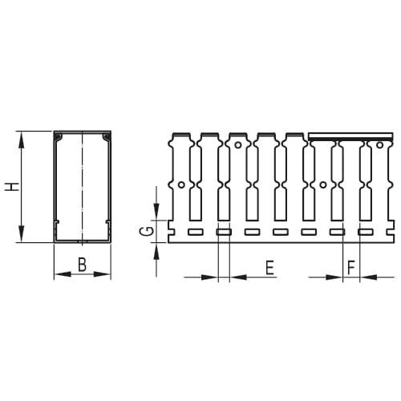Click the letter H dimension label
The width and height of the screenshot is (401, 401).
pyautogui.click(x=13, y=187)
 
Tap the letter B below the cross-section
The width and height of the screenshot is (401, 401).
pyautogui.click(x=83, y=265)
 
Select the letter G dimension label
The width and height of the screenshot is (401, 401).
pyautogui.click(x=148, y=231)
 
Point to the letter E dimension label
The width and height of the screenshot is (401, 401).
pyautogui.click(x=269, y=268)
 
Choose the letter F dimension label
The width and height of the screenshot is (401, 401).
pyautogui.click(x=350, y=268)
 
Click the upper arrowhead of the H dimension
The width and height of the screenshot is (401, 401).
pyautogui.click(x=22, y=140)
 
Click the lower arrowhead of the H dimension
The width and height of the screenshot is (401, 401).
pyautogui.click(x=22, y=234)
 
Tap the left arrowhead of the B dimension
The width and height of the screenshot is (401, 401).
pyautogui.click(x=63, y=274)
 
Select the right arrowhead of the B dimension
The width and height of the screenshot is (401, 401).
pyautogui.click(x=102, y=274)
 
